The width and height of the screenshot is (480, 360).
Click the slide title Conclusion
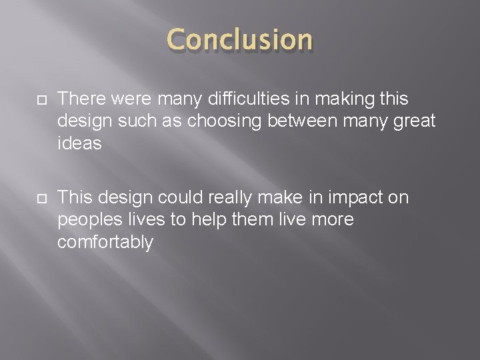(x=240, y=41)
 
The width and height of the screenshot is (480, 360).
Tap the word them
(x=259, y=220)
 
